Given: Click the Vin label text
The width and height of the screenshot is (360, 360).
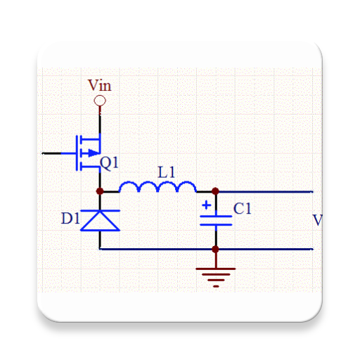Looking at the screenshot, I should point(99,86).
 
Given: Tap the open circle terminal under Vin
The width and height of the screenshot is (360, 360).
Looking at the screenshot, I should point(100,101).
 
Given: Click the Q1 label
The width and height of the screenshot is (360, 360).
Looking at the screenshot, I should point(110,163).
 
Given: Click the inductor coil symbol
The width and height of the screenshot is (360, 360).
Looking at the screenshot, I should point(157,186).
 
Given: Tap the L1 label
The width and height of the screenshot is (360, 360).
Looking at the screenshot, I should point(167,172).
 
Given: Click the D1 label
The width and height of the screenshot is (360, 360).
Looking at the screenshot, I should point(70,219).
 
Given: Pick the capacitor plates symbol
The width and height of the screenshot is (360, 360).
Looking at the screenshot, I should point(215,220).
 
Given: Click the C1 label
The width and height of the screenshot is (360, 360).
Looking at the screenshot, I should point(243,209).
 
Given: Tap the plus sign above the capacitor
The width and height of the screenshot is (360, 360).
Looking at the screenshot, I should point(206,206).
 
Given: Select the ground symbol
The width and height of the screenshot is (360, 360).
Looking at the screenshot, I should point(215,276).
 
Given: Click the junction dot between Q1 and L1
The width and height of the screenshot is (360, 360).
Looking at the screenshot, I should point(100,191).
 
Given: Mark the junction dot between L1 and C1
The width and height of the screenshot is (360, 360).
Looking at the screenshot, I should point(215,191).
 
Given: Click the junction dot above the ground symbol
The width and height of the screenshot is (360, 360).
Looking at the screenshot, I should point(215,249).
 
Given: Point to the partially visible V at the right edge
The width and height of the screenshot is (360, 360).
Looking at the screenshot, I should point(317,220).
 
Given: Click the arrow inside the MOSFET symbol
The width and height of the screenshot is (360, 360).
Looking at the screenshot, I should point(91,153).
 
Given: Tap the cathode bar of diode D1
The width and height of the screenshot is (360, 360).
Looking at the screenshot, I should point(100,210).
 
